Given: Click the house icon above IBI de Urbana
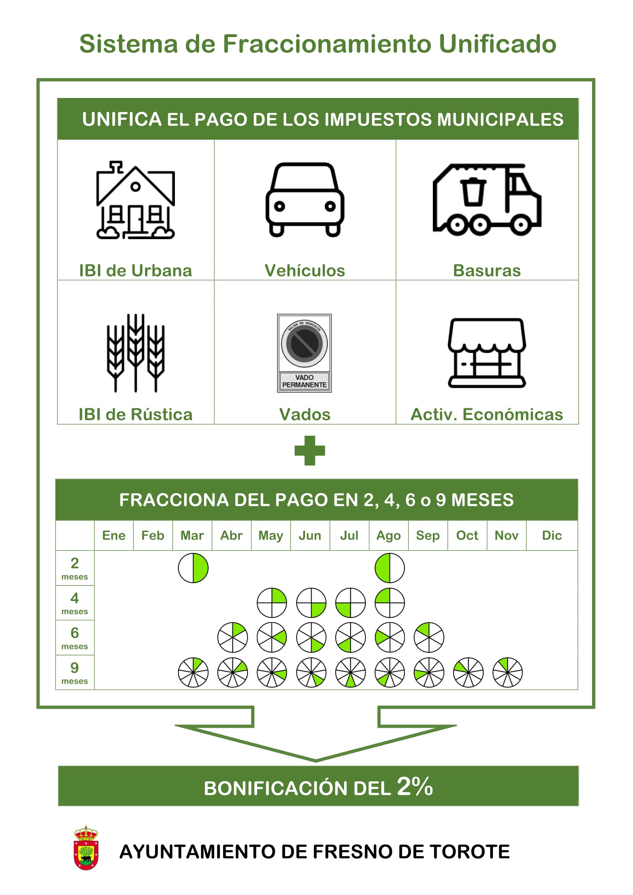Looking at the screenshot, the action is click(x=135, y=200).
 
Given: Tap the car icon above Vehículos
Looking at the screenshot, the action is click(x=305, y=199).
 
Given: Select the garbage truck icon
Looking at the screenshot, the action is click(x=487, y=200).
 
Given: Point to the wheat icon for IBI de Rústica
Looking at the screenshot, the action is click(x=135, y=353).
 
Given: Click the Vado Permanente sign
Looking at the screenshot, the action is click(x=304, y=353).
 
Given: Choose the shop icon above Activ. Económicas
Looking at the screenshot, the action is click(x=487, y=353).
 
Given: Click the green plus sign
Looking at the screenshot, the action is click(x=310, y=451).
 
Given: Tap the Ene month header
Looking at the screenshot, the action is click(x=114, y=536).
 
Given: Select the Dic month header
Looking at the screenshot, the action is click(x=552, y=536).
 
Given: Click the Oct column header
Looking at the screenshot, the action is click(x=467, y=536).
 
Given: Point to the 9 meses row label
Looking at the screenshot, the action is click(x=75, y=673).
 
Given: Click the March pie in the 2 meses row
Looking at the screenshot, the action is click(x=193, y=568).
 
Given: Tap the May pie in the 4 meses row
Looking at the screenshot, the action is click(x=272, y=603).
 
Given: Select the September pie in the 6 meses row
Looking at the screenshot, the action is click(x=429, y=637).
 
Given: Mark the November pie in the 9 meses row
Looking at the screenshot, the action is click(x=507, y=672).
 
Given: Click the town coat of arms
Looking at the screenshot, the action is click(x=86, y=848).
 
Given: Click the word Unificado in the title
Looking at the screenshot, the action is click(x=498, y=44).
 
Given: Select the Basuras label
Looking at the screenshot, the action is click(x=487, y=271).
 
